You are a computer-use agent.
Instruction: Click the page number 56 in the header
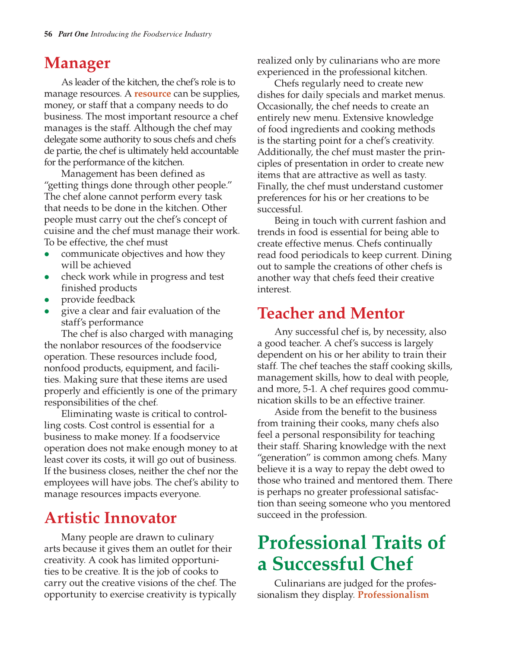coord(48,34)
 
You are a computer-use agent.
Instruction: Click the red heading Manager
coord(77,63)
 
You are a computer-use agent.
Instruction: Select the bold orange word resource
coord(153,94)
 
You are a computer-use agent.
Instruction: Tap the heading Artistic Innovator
coord(110,518)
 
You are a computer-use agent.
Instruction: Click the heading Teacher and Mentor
coord(331,313)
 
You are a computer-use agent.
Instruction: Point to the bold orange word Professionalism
coord(393,595)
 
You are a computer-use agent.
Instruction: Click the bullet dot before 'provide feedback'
coord(47,300)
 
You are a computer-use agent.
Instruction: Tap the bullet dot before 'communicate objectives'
coord(47,254)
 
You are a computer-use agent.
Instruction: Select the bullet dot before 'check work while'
coord(47,277)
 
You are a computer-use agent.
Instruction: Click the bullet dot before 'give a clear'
coord(47,311)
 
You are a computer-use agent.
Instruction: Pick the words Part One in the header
coord(73,34)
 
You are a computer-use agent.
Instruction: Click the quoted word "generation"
coord(282,458)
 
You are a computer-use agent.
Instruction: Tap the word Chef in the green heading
coord(392,564)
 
